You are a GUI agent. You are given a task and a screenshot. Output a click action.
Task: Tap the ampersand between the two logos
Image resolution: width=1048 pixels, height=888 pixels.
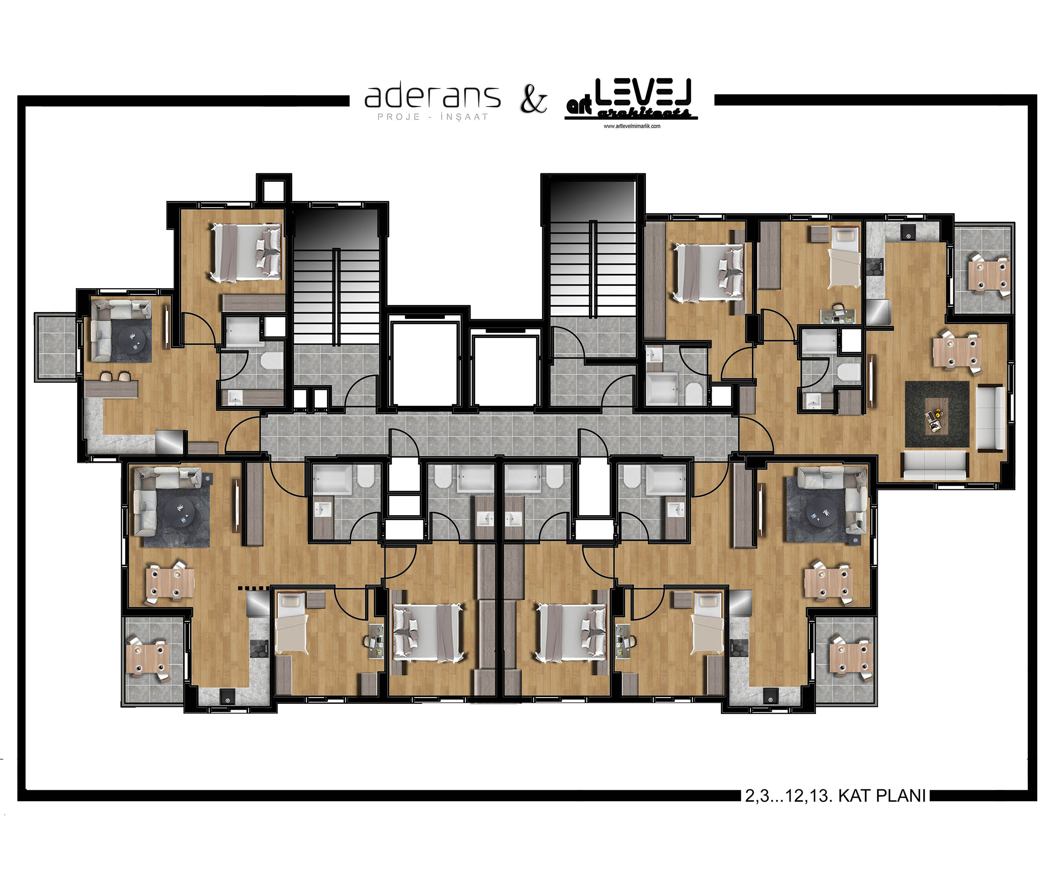click(533, 99)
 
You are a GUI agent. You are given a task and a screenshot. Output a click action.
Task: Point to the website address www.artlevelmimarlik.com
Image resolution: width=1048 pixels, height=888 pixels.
click(631, 126)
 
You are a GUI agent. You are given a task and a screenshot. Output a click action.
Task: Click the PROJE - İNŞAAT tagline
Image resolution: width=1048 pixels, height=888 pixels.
click(433, 117)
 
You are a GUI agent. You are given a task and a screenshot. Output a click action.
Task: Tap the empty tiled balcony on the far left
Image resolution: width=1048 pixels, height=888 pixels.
click(56, 347)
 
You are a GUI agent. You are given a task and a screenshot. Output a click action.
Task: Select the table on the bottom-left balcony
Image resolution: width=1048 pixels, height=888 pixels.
click(146, 660)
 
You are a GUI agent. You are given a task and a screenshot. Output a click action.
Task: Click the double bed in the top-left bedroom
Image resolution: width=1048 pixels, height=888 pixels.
click(246, 252)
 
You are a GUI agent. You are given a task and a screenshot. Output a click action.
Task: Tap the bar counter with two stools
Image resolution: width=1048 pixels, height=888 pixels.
click(111, 388)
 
